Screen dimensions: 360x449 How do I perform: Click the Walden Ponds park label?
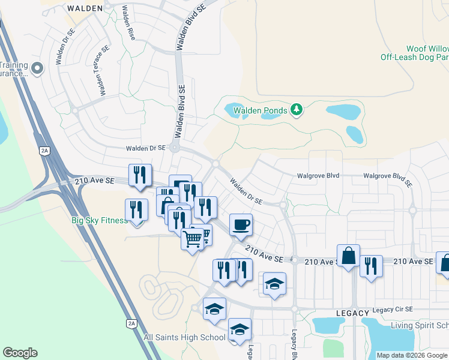pos(260,111)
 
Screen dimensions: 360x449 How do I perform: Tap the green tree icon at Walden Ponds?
pos(296,109)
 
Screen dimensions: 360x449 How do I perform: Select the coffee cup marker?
pos(241,225)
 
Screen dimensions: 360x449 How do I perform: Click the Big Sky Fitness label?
pos(100,220)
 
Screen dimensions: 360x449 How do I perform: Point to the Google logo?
pos(20,353)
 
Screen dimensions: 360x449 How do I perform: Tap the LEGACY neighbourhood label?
pos(352,313)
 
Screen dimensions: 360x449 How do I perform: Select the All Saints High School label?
pos(184,337)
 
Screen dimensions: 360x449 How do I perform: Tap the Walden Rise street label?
pos(128,22)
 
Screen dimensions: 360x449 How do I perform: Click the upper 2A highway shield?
pos(44,151)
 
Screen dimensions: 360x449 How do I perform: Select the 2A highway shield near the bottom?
pos(131,323)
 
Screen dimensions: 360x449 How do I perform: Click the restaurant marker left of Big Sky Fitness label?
pos(136,210)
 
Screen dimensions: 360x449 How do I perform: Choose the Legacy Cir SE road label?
pos(393,309)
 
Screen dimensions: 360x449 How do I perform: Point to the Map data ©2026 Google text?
pos(412,355)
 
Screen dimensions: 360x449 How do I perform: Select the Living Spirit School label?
pos(420,325)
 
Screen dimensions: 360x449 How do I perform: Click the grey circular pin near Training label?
pos(38,68)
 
